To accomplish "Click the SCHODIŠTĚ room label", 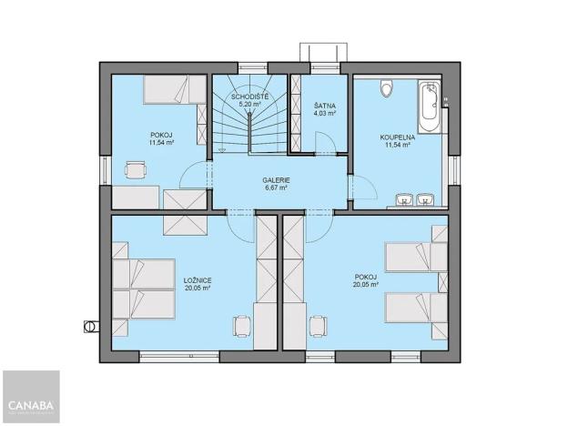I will [248, 96].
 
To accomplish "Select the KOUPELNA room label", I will [396, 137].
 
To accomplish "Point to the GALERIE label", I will [270, 179].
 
